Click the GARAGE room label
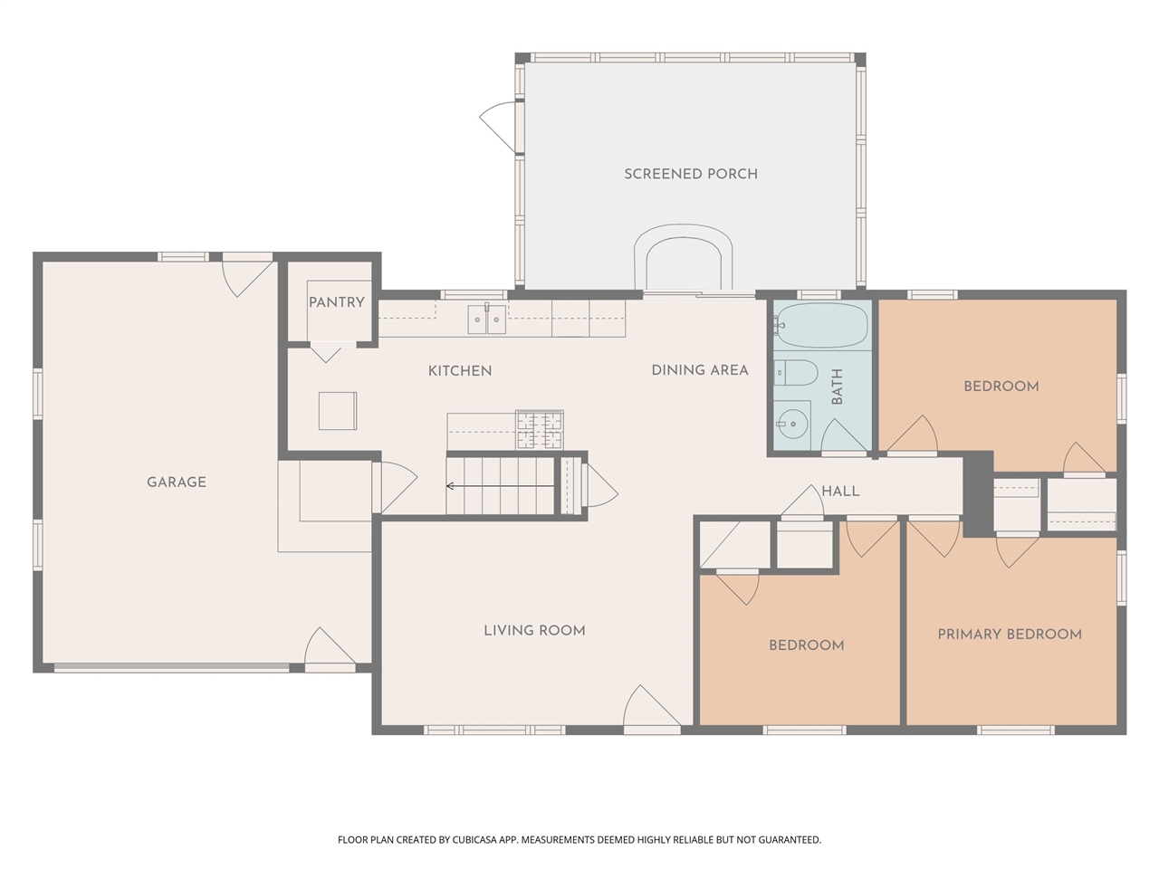tap(177, 482)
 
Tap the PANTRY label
tap(336, 302)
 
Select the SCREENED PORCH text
tap(691, 174)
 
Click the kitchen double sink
tap(486, 320)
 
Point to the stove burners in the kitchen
tap(539, 430)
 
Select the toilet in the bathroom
tap(798, 373)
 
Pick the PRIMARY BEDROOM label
tap(1010, 635)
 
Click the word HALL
tap(840, 492)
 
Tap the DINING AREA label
tap(700, 370)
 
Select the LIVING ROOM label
tap(534, 631)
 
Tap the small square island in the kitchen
tap(337, 411)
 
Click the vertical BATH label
tap(837, 387)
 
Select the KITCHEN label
tap(460, 371)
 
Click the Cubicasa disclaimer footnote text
tap(579, 840)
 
